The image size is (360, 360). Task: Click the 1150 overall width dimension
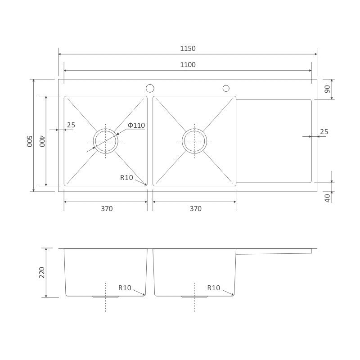pos(188,49)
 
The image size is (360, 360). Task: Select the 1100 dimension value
pos(188,65)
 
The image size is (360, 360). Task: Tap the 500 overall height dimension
pos(29,141)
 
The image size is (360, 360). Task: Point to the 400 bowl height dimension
pos(42,141)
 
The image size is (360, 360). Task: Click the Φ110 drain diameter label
pos(136,126)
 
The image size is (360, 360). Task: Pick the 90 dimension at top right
pos(328,89)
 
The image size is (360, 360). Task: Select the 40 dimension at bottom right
pos(328,198)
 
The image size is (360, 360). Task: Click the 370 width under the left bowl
pos(107,209)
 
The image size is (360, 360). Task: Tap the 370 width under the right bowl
pos(196,209)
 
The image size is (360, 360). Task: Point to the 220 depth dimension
pos(42,273)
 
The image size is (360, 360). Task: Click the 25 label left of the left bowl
pos(71,125)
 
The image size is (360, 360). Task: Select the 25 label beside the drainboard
pos(324,132)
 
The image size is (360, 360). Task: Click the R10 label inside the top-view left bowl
pos(126,177)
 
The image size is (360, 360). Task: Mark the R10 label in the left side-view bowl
pos(125,288)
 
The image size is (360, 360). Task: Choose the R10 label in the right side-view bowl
pos(213,288)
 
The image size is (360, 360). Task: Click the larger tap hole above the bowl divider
pos(150,88)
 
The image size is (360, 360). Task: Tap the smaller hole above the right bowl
pos(226,88)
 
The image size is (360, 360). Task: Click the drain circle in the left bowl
pos(106,129)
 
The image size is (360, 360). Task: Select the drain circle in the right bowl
pos(194,129)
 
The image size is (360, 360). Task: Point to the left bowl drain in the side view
pos(106,297)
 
